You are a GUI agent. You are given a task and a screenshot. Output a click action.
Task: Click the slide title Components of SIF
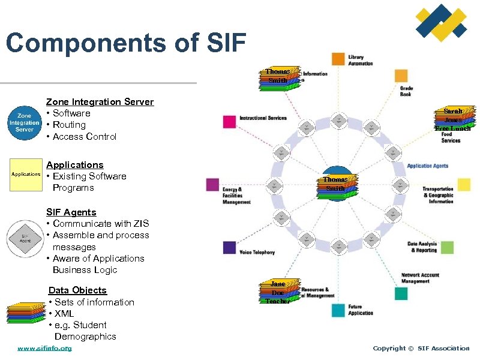pyautogui.click(x=125, y=43)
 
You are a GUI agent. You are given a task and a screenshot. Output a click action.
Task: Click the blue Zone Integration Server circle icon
pyautogui.click(x=25, y=122)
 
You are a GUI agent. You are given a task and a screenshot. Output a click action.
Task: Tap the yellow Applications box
pyautogui.click(x=26, y=174)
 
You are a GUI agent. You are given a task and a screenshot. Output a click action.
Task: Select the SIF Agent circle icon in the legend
pyautogui.click(x=24, y=239)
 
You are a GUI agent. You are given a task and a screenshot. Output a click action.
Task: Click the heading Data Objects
pyautogui.click(x=77, y=290)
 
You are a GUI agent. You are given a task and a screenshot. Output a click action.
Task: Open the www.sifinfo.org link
pyautogui.click(x=44, y=349)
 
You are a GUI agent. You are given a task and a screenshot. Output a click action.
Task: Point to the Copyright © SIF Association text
pyautogui.click(x=421, y=349)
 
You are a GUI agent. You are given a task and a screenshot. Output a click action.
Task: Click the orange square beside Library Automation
pyautogui.click(x=338, y=59)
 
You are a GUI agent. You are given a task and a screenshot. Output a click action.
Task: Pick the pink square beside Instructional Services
pyautogui.click(x=229, y=122)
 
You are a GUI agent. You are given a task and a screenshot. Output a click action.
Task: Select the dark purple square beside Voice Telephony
pyautogui.click(x=229, y=248)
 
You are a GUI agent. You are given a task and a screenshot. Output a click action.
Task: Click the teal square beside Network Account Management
pyautogui.click(x=401, y=293)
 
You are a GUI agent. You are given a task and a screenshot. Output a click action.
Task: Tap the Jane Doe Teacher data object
pyautogui.click(x=278, y=292)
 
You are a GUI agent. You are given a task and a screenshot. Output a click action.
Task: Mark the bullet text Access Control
pyautogui.click(x=85, y=137)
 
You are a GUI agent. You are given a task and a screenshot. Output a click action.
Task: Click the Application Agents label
pyautogui.click(x=427, y=166)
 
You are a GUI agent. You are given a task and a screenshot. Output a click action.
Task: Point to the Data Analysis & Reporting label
pyautogui.click(x=422, y=247)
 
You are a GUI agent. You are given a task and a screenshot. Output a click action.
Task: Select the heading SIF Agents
pyautogui.click(x=71, y=212)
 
